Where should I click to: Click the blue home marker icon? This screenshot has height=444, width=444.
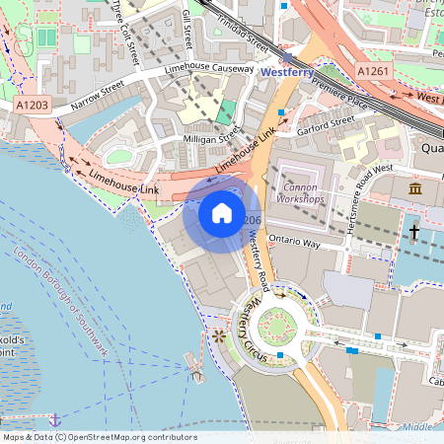222,212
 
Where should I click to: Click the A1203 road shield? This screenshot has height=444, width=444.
33,103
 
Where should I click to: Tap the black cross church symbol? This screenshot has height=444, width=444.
414,233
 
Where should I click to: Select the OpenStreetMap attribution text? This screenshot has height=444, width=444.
99,437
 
